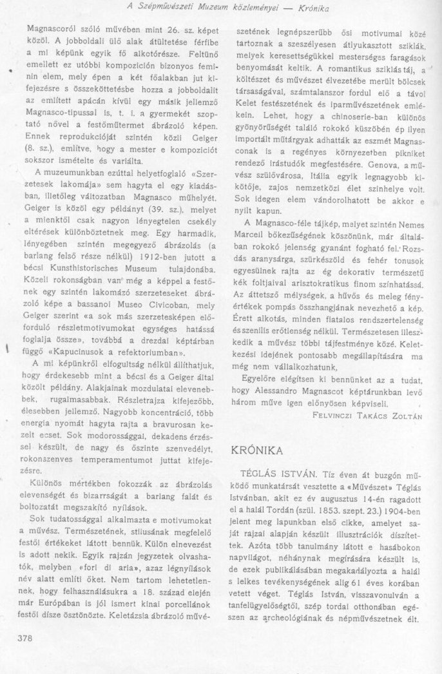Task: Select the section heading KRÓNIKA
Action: pos(260,450)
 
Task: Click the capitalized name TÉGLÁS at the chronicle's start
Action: pos(256,483)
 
